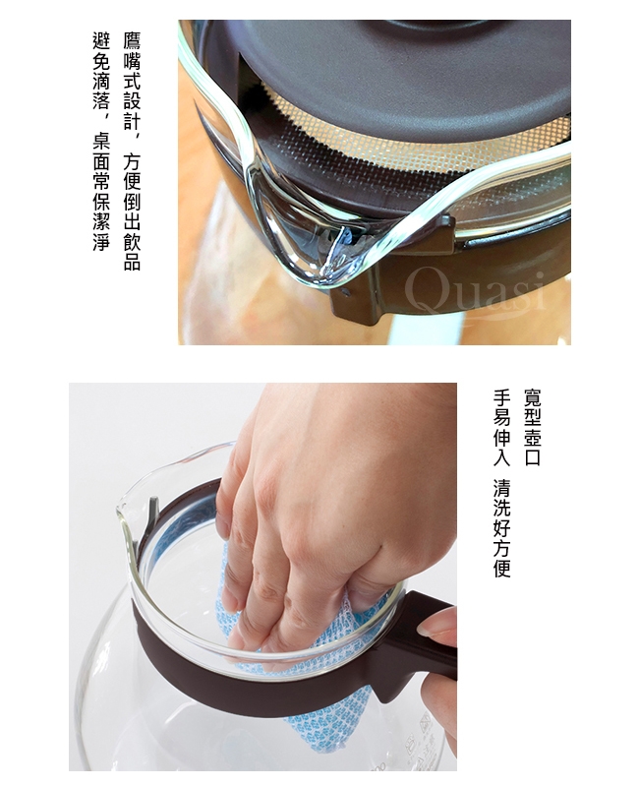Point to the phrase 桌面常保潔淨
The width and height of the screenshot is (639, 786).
coord(101,193)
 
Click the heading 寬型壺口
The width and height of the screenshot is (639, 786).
coord(532,427)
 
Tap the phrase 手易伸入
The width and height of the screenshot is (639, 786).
coord(501,427)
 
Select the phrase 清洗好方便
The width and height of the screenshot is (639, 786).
coord(501,527)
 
